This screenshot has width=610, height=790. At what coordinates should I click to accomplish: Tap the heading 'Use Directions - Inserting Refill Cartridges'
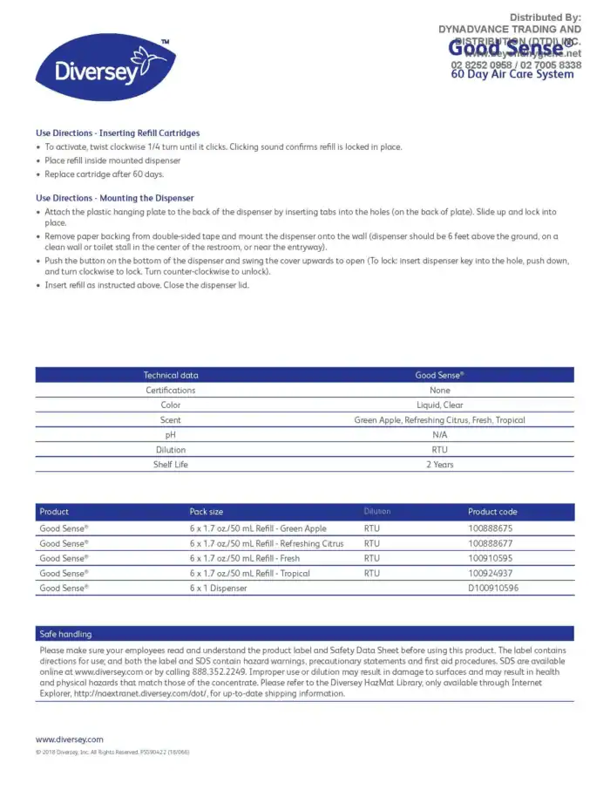coord(118,133)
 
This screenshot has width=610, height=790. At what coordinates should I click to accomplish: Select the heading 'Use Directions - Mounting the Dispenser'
coord(115,198)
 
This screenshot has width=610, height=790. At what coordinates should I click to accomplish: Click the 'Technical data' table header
coord(171,375)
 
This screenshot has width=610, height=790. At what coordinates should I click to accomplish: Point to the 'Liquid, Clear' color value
coord(439,405)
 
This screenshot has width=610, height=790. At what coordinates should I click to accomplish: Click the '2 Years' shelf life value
coord(439,465)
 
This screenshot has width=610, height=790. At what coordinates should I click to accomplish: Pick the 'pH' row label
coord(171,435)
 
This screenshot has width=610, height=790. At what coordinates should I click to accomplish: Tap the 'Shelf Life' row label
coord(171,465)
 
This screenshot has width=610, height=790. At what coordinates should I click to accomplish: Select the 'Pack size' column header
coord(207,512)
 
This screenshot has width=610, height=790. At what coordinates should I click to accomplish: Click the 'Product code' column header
coord(492,512)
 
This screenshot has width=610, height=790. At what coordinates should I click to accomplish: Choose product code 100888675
coord(491,528)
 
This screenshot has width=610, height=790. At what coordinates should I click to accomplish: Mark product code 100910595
coord(491,558)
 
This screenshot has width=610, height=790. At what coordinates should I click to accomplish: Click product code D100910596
coord(493,589)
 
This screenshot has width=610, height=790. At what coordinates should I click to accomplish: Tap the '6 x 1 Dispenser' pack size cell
coord(218,589)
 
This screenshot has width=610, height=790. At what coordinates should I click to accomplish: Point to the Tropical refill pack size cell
coord(249,574)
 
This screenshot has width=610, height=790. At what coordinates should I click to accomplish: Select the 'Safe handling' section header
coord(65,634)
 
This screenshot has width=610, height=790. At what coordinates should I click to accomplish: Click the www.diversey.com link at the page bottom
coord(69,739)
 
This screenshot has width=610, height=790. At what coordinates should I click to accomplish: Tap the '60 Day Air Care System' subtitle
coord(512,75)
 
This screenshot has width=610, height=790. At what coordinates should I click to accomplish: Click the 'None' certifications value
coord(439,391)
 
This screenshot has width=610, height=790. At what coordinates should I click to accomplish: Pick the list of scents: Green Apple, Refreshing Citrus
coord(439,420)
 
